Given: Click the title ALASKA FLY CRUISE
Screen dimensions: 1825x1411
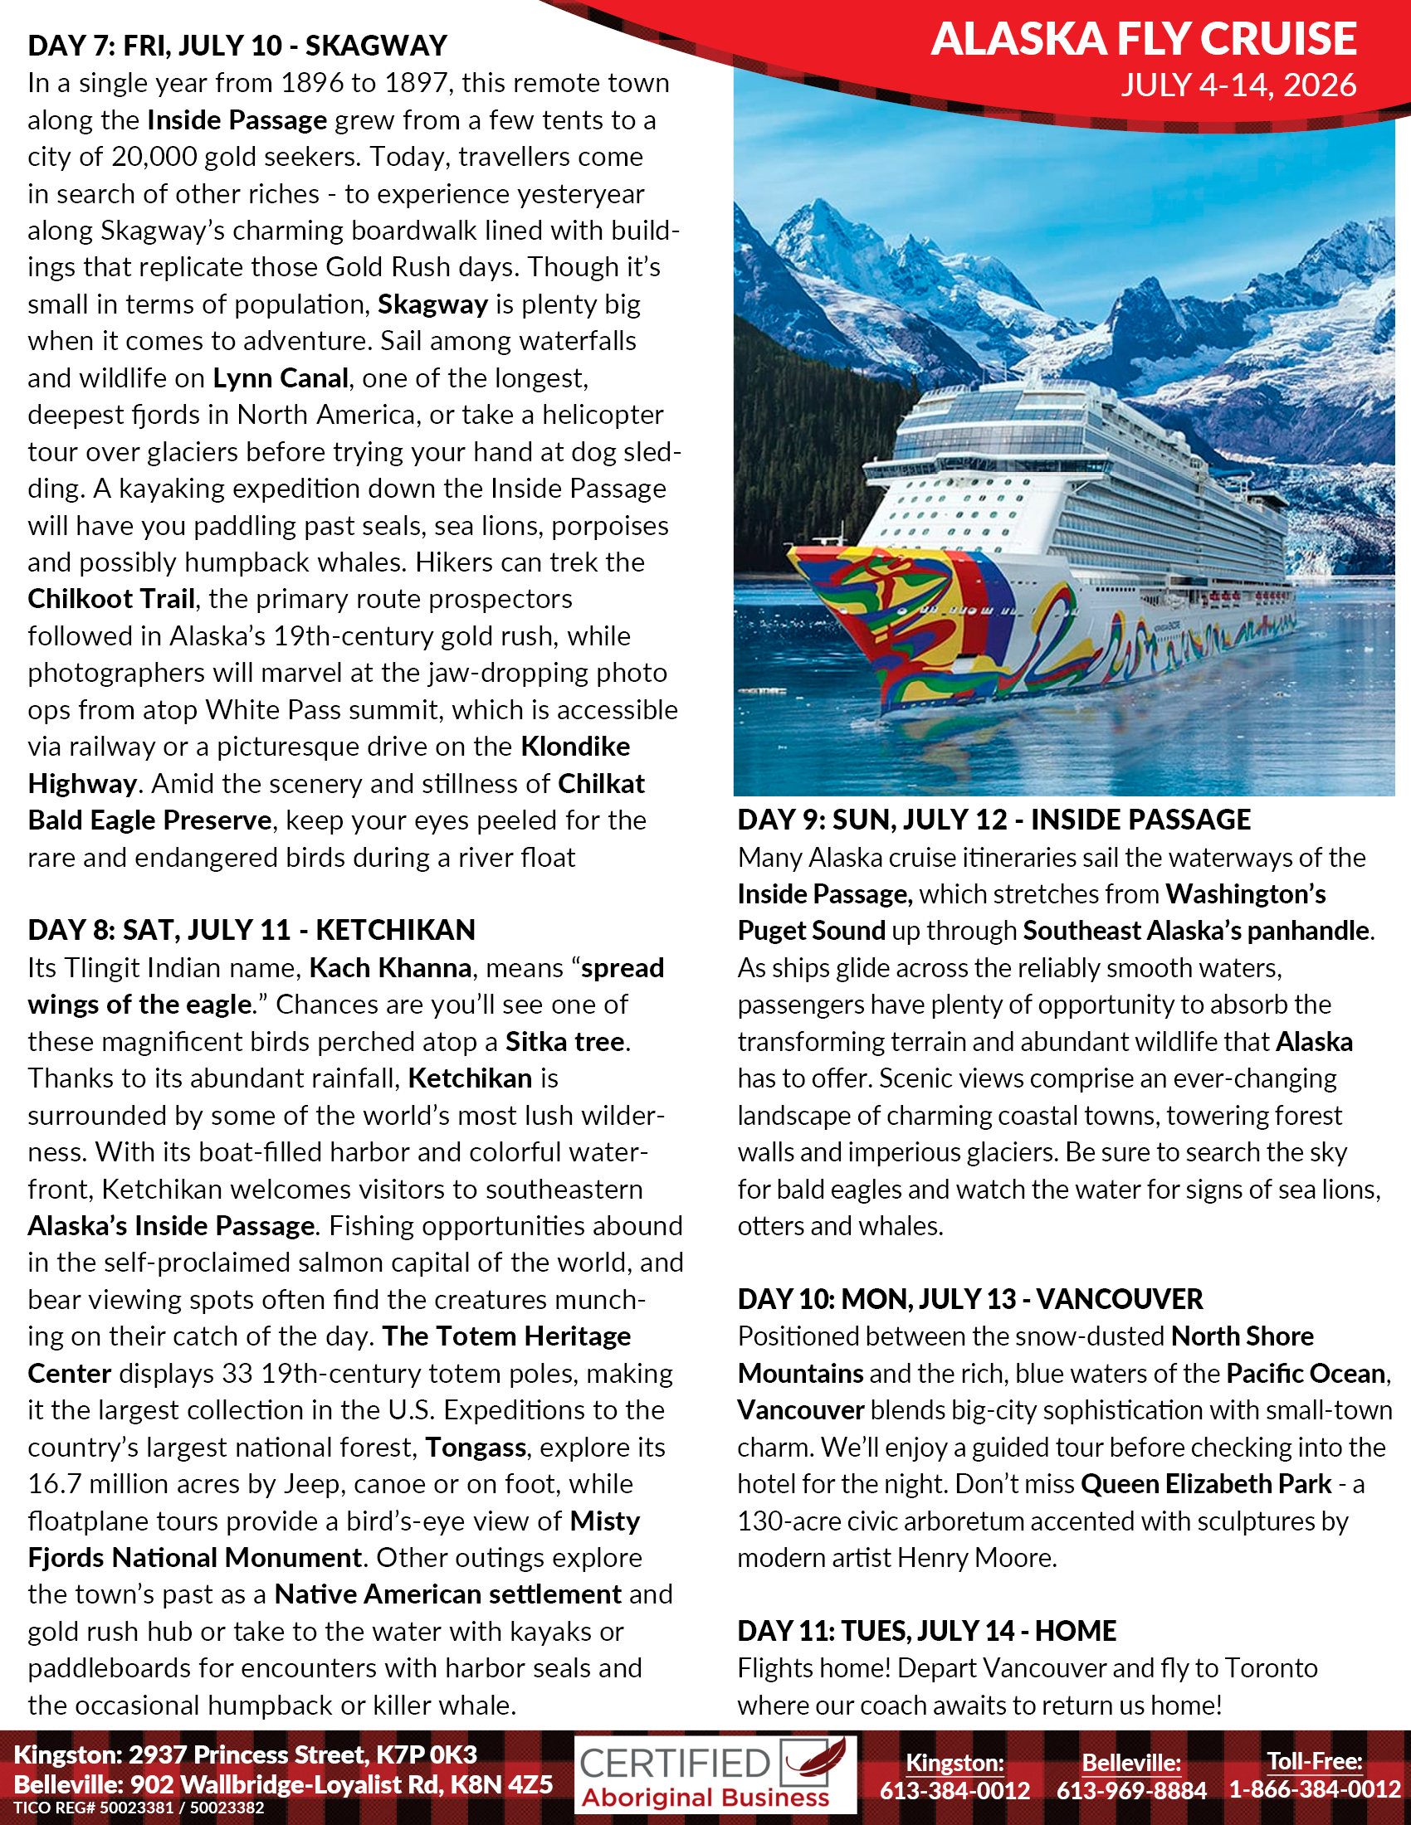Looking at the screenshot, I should click(x=1144, y=39).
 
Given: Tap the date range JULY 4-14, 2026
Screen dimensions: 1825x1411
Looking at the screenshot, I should click(x=1238, y=85).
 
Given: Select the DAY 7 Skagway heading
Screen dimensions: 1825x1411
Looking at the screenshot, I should click(x=237, y=45).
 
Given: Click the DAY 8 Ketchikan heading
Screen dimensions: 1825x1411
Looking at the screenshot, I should click(x=251, y=929).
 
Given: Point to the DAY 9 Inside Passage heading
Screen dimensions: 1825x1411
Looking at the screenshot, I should click(x=993, y=820).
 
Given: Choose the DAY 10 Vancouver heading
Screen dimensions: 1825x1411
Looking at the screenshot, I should click(x=969, y=1298).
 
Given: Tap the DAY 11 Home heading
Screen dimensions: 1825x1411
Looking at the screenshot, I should click(x=926, y=1630).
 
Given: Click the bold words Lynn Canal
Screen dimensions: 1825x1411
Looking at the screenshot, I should click(x=280, y=377).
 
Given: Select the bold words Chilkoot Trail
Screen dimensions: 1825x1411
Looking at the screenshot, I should click(x=111, y=599).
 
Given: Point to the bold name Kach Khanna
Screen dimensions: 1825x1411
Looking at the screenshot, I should click(x=390, y=967).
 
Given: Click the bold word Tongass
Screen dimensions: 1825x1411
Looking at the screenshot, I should click(x=476, y=1447).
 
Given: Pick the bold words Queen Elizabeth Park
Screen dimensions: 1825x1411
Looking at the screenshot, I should click(x=1205, y=1484).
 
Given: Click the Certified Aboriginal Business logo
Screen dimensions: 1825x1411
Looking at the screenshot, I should click(x=715, y=1776).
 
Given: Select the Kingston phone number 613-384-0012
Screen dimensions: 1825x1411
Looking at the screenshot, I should click(x=954, y=1790).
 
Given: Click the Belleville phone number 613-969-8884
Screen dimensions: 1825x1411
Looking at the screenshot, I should click(x=1131, y=1790).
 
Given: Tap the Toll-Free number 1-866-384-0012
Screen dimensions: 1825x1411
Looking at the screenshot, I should click(x=1314, y=1789).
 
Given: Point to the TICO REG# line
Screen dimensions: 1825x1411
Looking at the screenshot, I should click(x=139, y=1808).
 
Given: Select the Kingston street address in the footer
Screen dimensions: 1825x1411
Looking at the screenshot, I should click(x=245, y=1754).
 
